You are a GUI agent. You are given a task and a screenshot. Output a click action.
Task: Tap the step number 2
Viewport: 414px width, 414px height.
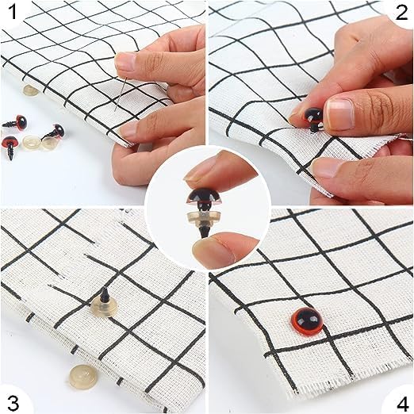click(401, 12)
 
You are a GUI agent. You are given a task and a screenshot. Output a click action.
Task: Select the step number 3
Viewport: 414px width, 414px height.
click(13, 402)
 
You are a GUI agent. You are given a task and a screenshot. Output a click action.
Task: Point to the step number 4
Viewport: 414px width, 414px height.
click(401, 402)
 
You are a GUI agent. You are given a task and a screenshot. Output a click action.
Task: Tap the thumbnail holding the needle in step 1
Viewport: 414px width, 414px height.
click(125, 61)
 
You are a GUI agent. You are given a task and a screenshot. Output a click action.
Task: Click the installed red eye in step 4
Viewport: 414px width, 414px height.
click(307, 320)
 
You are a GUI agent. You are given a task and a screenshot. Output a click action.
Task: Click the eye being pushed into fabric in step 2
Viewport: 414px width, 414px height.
click(313, 118)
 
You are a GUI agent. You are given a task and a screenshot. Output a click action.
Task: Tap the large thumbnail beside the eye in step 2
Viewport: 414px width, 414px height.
click(340, 114)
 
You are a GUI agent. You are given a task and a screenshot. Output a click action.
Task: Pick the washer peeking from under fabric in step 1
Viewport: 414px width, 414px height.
click(31, 90)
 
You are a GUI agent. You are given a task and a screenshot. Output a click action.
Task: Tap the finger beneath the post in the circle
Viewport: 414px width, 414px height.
click(222, 248)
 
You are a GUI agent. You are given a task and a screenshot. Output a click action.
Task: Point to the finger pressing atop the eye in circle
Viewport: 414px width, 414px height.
click(220, 169)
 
